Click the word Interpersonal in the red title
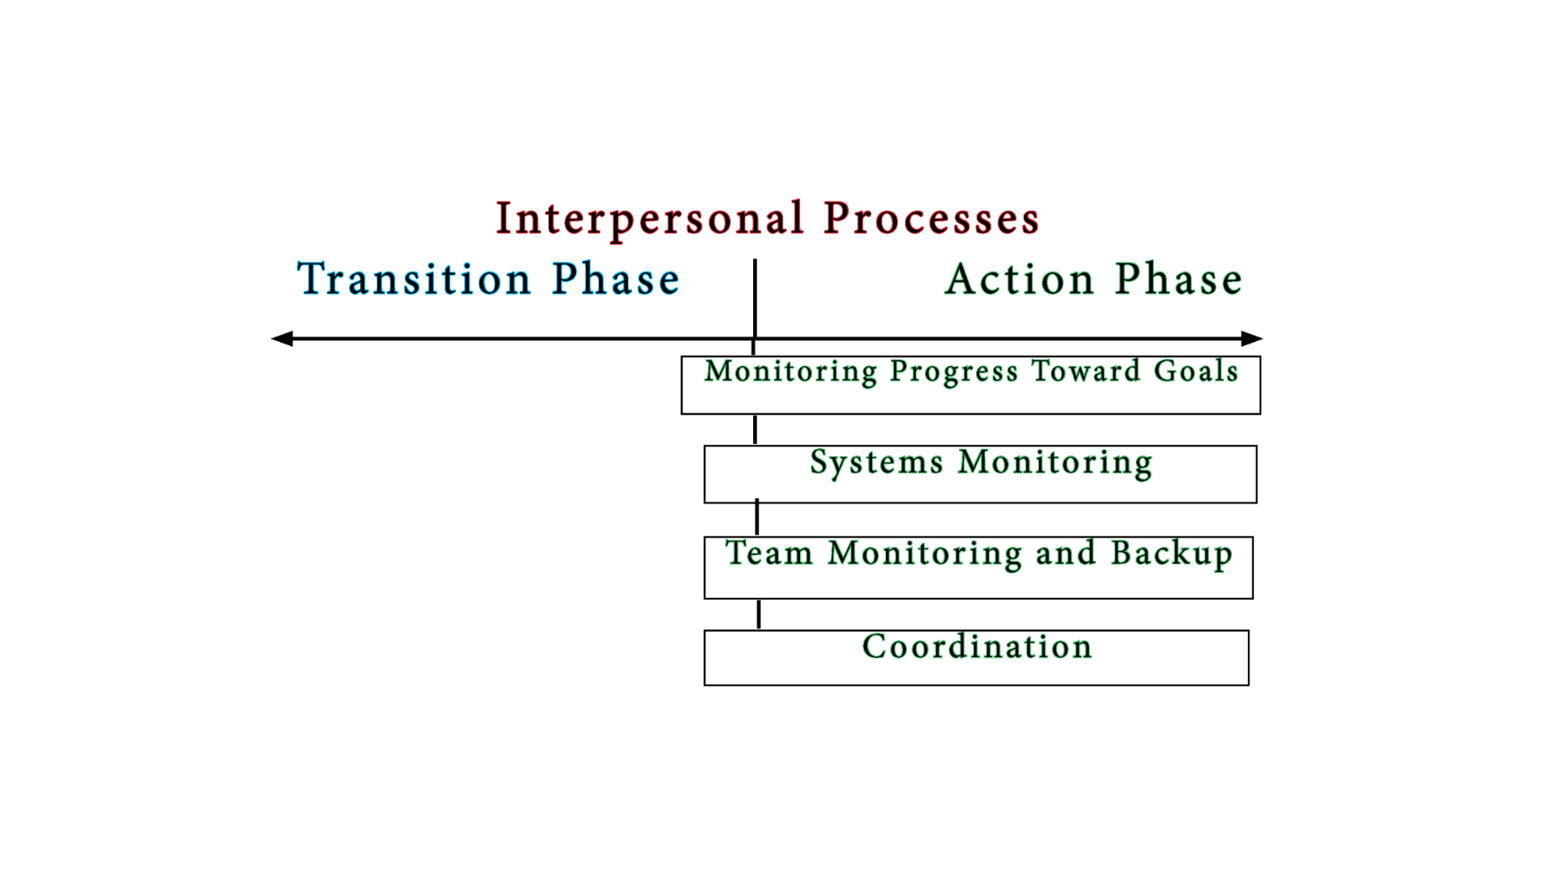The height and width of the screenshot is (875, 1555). coord(650,219)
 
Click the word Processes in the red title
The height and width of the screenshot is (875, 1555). coord(931,219)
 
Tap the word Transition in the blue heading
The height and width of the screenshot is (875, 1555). coord(414,280)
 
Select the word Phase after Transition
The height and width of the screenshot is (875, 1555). coord(616,280)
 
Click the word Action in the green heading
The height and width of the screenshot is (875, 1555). coord(1020,280)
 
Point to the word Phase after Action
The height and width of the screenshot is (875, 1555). coord(1178,280)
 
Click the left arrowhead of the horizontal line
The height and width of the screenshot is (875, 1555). coord(282,339)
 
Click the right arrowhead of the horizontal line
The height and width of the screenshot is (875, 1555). coord(1251,339)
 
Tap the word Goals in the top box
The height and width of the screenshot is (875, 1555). coord(1195,371)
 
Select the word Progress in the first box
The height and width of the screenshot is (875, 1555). coord(953,372)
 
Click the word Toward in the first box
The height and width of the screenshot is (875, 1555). coord(1085,371)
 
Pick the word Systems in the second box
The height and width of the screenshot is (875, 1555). coord(876,463)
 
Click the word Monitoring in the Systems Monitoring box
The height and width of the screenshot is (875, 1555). coord(1054,463)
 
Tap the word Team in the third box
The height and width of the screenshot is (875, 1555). coord(769,553)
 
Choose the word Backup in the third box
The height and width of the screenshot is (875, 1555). coord(1171,554)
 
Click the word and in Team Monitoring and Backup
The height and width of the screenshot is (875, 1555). coord(1065,553)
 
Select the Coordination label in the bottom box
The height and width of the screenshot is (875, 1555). coord(977,647)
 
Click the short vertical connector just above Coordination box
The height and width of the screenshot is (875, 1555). coord(759,614)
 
